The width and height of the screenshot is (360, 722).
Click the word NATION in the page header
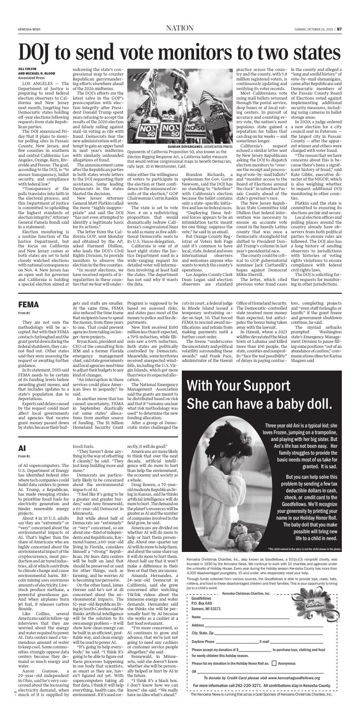pos(180,28)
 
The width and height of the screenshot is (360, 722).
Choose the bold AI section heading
pos(22,447)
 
